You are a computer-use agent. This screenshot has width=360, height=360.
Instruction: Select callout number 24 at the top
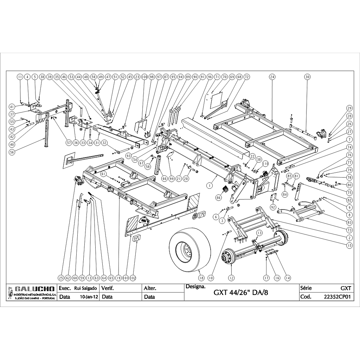(x=272, y=77)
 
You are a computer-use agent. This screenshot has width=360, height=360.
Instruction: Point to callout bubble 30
(x=307, y=77)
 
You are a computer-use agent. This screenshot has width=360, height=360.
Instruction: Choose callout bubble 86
(x=219, y=198)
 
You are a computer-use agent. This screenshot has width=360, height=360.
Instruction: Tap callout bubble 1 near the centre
(x=210, y=185)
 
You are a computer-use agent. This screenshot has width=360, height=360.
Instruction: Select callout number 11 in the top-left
(x=20, y=77)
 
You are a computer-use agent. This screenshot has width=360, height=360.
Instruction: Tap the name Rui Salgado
(x=83, y=288)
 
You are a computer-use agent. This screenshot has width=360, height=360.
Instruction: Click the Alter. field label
(x=150, y=288)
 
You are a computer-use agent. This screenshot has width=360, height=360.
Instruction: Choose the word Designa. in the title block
(x=195, y=287)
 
